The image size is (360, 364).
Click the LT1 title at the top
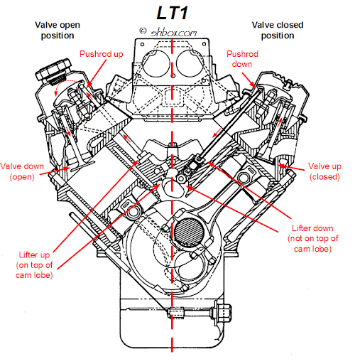coord(173,13)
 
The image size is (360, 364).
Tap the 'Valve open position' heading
coord(58,30)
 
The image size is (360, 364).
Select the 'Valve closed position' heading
coord(278,30)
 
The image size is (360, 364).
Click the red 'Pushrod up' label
coord(102,54)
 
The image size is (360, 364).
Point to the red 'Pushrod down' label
coord(242,59)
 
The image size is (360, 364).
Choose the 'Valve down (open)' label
coord(22,171)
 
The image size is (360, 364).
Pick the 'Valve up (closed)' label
coord(324,171)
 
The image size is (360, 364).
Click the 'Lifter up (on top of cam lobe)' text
coord(34,264)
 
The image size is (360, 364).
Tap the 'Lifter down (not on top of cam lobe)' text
coord(312,238)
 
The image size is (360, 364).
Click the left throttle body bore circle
coord(156,63)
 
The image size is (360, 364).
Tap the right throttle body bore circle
coord(190,63)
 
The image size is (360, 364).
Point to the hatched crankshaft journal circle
coord(189,232)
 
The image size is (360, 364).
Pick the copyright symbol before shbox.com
coord(143,31)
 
